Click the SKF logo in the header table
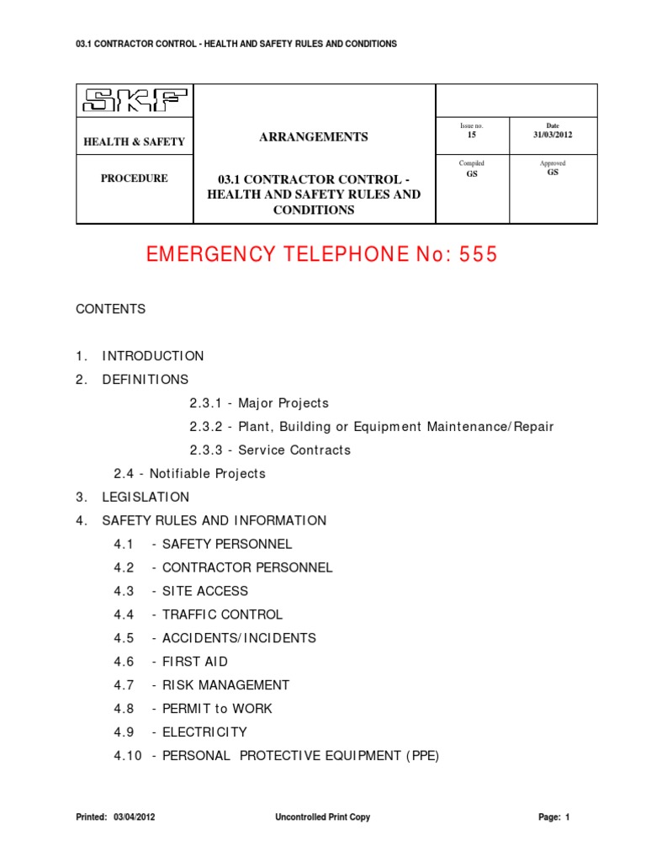135,103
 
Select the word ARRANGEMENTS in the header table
314,137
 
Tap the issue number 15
471,135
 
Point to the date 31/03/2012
553,135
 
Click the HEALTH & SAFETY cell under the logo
134,142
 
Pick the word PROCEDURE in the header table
135,178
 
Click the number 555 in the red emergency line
478,255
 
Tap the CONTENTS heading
111,309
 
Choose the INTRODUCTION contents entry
153,356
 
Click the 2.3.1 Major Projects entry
259,403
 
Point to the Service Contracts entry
294,450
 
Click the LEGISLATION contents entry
146,498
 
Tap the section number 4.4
124,615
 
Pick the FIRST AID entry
195,662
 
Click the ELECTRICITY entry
204,732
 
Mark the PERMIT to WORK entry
217,709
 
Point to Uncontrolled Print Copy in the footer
322,817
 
